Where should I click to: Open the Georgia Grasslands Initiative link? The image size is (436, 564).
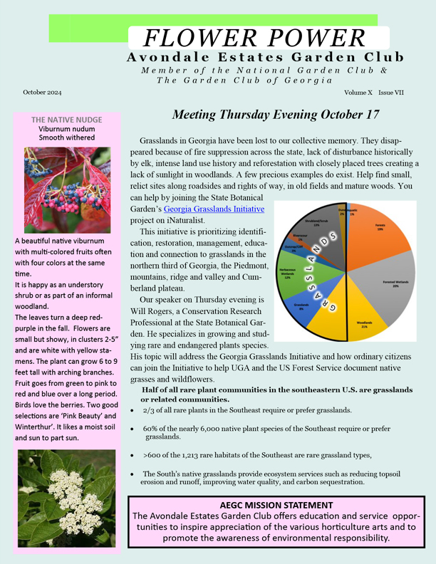214,209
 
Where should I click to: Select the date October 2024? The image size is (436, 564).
42,93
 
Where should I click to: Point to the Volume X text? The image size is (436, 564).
358,93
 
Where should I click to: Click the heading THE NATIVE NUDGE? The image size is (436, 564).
66,120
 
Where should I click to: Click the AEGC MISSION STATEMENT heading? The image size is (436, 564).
276,505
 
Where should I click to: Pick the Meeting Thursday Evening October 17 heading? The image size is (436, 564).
276,115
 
